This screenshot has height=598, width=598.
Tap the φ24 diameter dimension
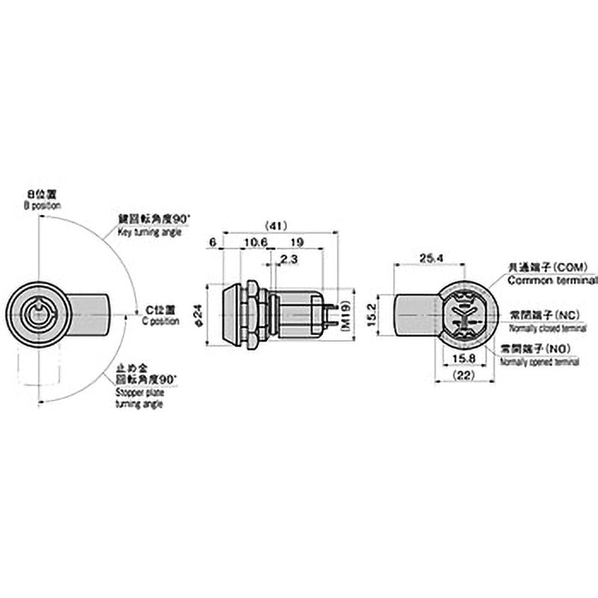(x=199, y=314)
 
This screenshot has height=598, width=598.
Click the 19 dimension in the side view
(x=296, y=242)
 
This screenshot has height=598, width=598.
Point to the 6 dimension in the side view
(x=213, y=242)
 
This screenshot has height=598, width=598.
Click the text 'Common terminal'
(x=552, y=280)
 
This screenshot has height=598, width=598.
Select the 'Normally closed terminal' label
(x=547, y=328)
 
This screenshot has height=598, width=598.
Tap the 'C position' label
(x=161, y=321)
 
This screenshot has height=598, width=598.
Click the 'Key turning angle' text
(x=149, y=232)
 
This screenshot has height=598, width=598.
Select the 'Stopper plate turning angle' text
(x=139, y=397)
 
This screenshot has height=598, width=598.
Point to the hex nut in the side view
(x=252, y=314)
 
